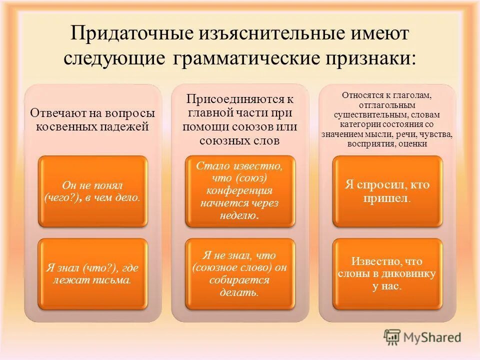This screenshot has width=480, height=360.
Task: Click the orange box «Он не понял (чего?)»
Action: pyautogui.click(x=93, y=190)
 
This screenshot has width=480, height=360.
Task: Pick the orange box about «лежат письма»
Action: pyautogui.click(x=93, y=273)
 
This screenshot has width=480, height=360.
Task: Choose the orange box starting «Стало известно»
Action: pyautogui.click(x=239, y=190)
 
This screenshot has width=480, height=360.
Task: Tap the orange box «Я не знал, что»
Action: pyautogui.click(x=239, y=273)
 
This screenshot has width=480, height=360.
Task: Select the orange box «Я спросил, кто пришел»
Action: pyautogui.click(x=387, y=190)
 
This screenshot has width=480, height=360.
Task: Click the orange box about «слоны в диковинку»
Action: pyautogui.click(x=387, y=273)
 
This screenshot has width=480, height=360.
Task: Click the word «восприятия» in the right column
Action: pyautogui.click(x=369, y=144)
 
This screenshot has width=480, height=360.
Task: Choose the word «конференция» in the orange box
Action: pyautogui.click(x=239, y=190)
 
